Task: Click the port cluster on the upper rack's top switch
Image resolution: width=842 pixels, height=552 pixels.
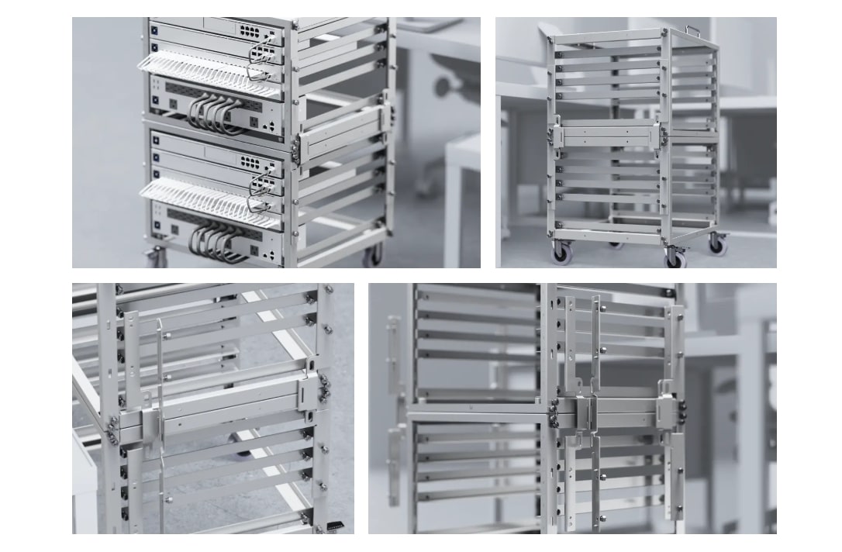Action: coord(250,31)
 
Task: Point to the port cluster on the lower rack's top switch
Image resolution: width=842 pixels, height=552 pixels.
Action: coord(250,162)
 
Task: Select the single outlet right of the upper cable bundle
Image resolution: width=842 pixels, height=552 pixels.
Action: coord(253,122)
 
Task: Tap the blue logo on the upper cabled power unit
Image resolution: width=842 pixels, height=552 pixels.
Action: coord(155,100)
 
